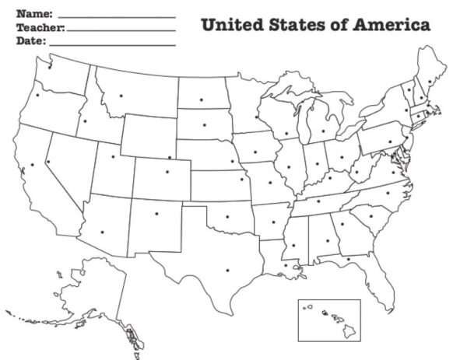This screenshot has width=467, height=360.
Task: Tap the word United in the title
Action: (229, 25)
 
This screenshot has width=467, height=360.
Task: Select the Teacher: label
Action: (40, 28)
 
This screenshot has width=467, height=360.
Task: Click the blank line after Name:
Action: (117, 16)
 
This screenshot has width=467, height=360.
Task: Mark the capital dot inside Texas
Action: (228, 271)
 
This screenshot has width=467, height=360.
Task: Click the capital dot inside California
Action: (33, 165)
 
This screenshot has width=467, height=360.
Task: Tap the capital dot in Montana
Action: (121, 96)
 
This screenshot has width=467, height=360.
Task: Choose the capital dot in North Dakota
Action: (201, 100)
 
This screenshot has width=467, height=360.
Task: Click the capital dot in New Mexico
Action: (156, 212)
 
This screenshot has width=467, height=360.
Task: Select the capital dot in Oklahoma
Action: (227, 216)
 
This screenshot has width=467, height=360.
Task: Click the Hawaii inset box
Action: (329, 320)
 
